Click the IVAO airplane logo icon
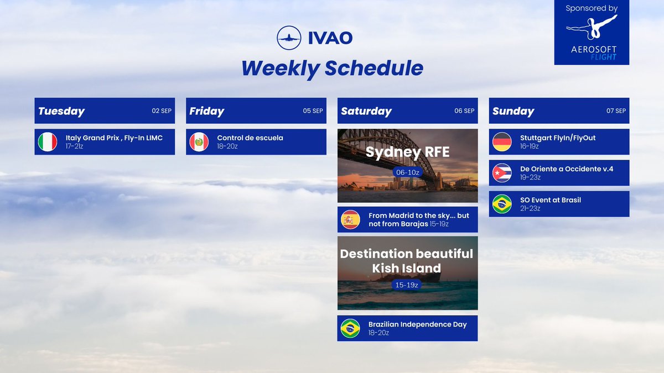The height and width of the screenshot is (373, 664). [289, 38]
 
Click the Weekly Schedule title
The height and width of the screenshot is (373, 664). [332, 68]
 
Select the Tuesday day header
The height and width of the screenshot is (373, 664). [61, 111]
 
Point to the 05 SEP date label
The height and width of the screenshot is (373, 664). [313, 111]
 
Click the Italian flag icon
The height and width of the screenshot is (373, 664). [48, 142]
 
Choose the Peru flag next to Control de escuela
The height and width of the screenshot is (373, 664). [199, 142]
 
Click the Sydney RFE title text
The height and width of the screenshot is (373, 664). [407, 152]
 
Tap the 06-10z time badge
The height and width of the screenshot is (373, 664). [407, 172]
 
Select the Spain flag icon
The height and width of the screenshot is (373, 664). [350, 220]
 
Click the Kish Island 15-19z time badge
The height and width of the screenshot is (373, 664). [407, 285]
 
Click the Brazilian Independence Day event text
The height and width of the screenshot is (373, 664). [417, 324]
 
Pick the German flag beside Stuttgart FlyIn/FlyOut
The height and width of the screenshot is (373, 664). [502, 142]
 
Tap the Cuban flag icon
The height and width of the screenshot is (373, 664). [502, 173]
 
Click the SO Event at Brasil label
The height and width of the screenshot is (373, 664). [550, 200]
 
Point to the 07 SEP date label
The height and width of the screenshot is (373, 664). [616, 111]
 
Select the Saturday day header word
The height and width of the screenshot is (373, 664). [366, 111]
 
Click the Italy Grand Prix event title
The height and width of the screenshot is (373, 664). [114, 138]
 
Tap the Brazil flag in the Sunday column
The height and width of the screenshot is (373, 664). [502, 204]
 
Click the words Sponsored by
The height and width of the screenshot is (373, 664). [592, 8]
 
